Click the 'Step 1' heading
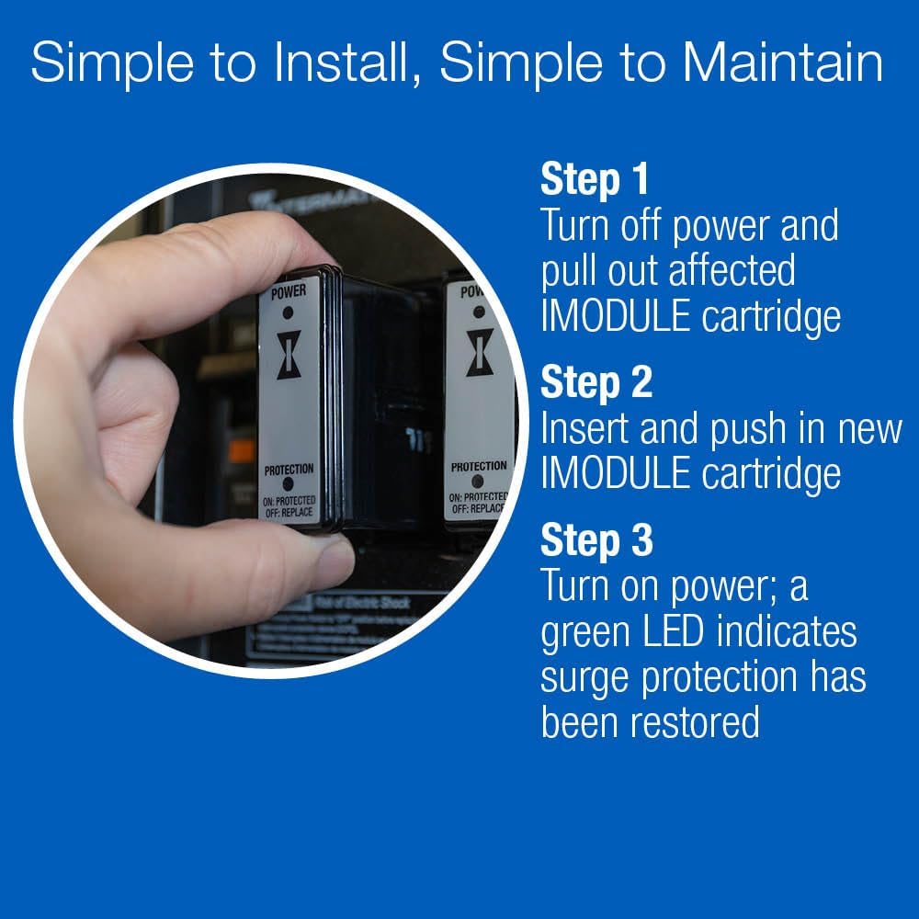click(595, 179)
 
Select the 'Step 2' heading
click(596, 383)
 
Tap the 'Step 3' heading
click(596, 540)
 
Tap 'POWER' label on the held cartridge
click(289, 292)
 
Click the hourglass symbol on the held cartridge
click(289, 356)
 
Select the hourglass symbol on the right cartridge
click(479, 353)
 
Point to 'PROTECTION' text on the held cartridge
click(289, 470)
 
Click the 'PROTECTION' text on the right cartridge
click(478, 467)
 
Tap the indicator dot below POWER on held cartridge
click(289, 312)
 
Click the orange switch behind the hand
click(242, 450)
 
